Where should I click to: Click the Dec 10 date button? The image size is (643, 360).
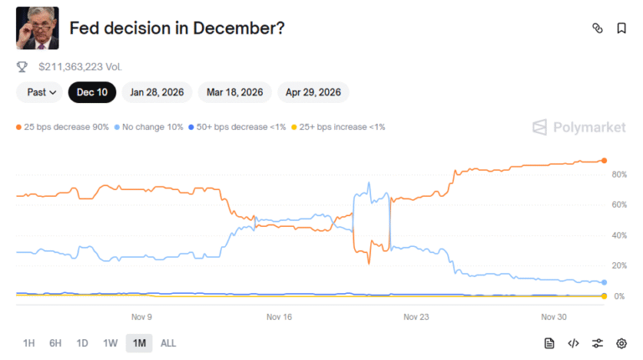tap(92, 92)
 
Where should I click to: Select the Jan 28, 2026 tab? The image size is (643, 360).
tap(157, 92)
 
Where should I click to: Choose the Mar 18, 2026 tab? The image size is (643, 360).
tap(235, 92)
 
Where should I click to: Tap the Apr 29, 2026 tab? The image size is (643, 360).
tap(313, 92)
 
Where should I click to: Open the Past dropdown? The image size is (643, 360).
tap(40, 92)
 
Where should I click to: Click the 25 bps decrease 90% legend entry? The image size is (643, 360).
tap(62, 126)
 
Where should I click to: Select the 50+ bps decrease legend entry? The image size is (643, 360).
tap(237, 126)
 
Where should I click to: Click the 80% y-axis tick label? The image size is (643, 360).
tap(620, 175)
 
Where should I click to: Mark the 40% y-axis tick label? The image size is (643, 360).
tap(620, 235)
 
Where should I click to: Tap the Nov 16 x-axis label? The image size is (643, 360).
tap(279, 317)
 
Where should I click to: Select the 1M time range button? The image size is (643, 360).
tap(139, 343)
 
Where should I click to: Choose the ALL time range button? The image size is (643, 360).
tap(168, 343)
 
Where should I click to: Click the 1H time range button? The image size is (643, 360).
tap(28, 343)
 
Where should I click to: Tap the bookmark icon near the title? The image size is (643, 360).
tap(621, 28)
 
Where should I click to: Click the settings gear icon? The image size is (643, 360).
tap(621, 343)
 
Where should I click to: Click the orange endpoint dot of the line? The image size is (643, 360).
tap(604, 160)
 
